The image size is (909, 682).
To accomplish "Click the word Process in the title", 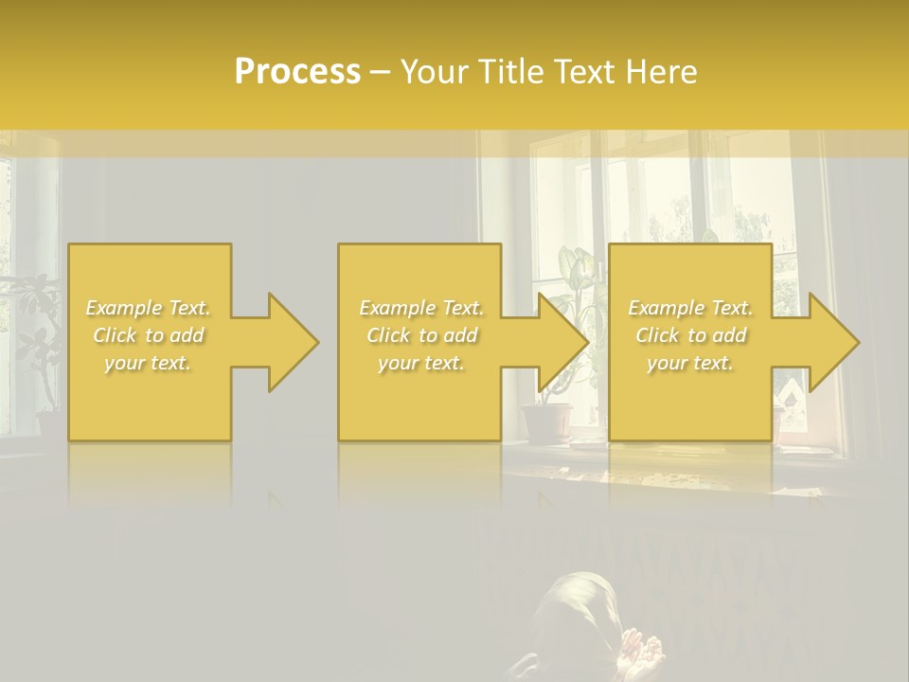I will click(297, 72).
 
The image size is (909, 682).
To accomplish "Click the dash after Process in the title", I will click(381, 73).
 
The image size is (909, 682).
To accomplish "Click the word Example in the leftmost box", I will click(123, 308).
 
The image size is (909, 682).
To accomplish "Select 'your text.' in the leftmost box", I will click(148, 362).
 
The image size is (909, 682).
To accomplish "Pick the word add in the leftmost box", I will click(187, 335).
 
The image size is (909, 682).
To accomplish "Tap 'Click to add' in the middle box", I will click(421, 335).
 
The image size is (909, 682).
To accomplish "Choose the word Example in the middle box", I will click(397, 308).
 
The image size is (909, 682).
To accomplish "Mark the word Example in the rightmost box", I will click(666, 308).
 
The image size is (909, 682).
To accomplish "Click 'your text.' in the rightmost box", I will click(689, 362).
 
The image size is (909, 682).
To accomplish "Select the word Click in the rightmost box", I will click(657, 335).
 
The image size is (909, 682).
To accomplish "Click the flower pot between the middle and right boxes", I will click(548, 423).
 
